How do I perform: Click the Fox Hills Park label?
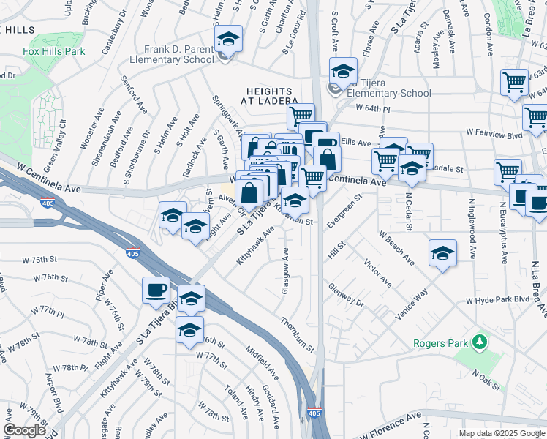[53, 51]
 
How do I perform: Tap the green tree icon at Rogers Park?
[480, 342]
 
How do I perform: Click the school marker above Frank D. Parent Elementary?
[228, 40]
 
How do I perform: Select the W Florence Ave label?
[391, 425]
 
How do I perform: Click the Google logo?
[24, 429]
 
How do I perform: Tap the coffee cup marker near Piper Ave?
[156, 290]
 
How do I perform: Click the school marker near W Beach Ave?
[442, 253]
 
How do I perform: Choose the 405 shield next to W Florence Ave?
[314, 413]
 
